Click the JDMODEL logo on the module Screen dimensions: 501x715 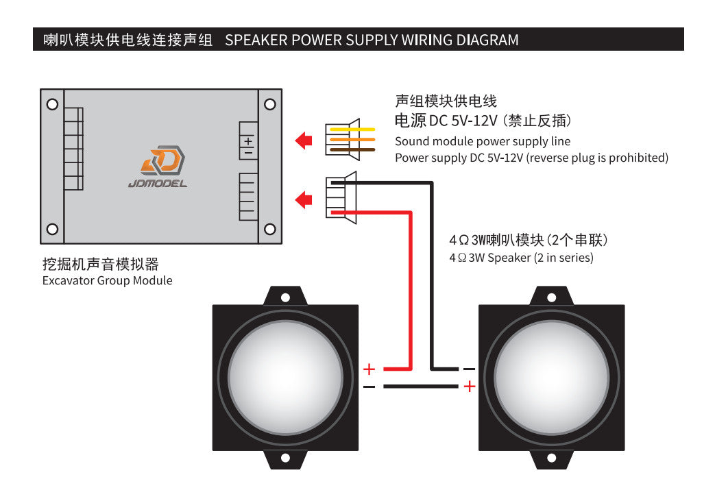click(158, 166)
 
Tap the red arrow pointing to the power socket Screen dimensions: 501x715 click(303, 140)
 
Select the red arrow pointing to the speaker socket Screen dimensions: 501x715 click(303, 199)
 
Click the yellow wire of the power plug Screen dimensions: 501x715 click(350, 129)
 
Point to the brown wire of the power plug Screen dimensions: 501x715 click(350, 149)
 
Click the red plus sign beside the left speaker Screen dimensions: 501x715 click(369, 369)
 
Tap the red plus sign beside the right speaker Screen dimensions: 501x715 click(469, 387)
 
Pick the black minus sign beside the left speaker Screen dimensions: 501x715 click(369, 387)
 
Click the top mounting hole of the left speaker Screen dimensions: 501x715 click(285, 297)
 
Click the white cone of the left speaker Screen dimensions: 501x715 click(284, 377)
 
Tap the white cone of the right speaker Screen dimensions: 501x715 click(551, 377)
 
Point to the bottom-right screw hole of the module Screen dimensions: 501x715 click(269, 229)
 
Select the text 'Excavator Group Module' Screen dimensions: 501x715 click(108, 280)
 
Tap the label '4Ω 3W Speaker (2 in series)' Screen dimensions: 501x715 click(521, 258)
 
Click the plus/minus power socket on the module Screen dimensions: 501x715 click(248, 142)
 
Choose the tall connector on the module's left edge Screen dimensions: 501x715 click(73, 149)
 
